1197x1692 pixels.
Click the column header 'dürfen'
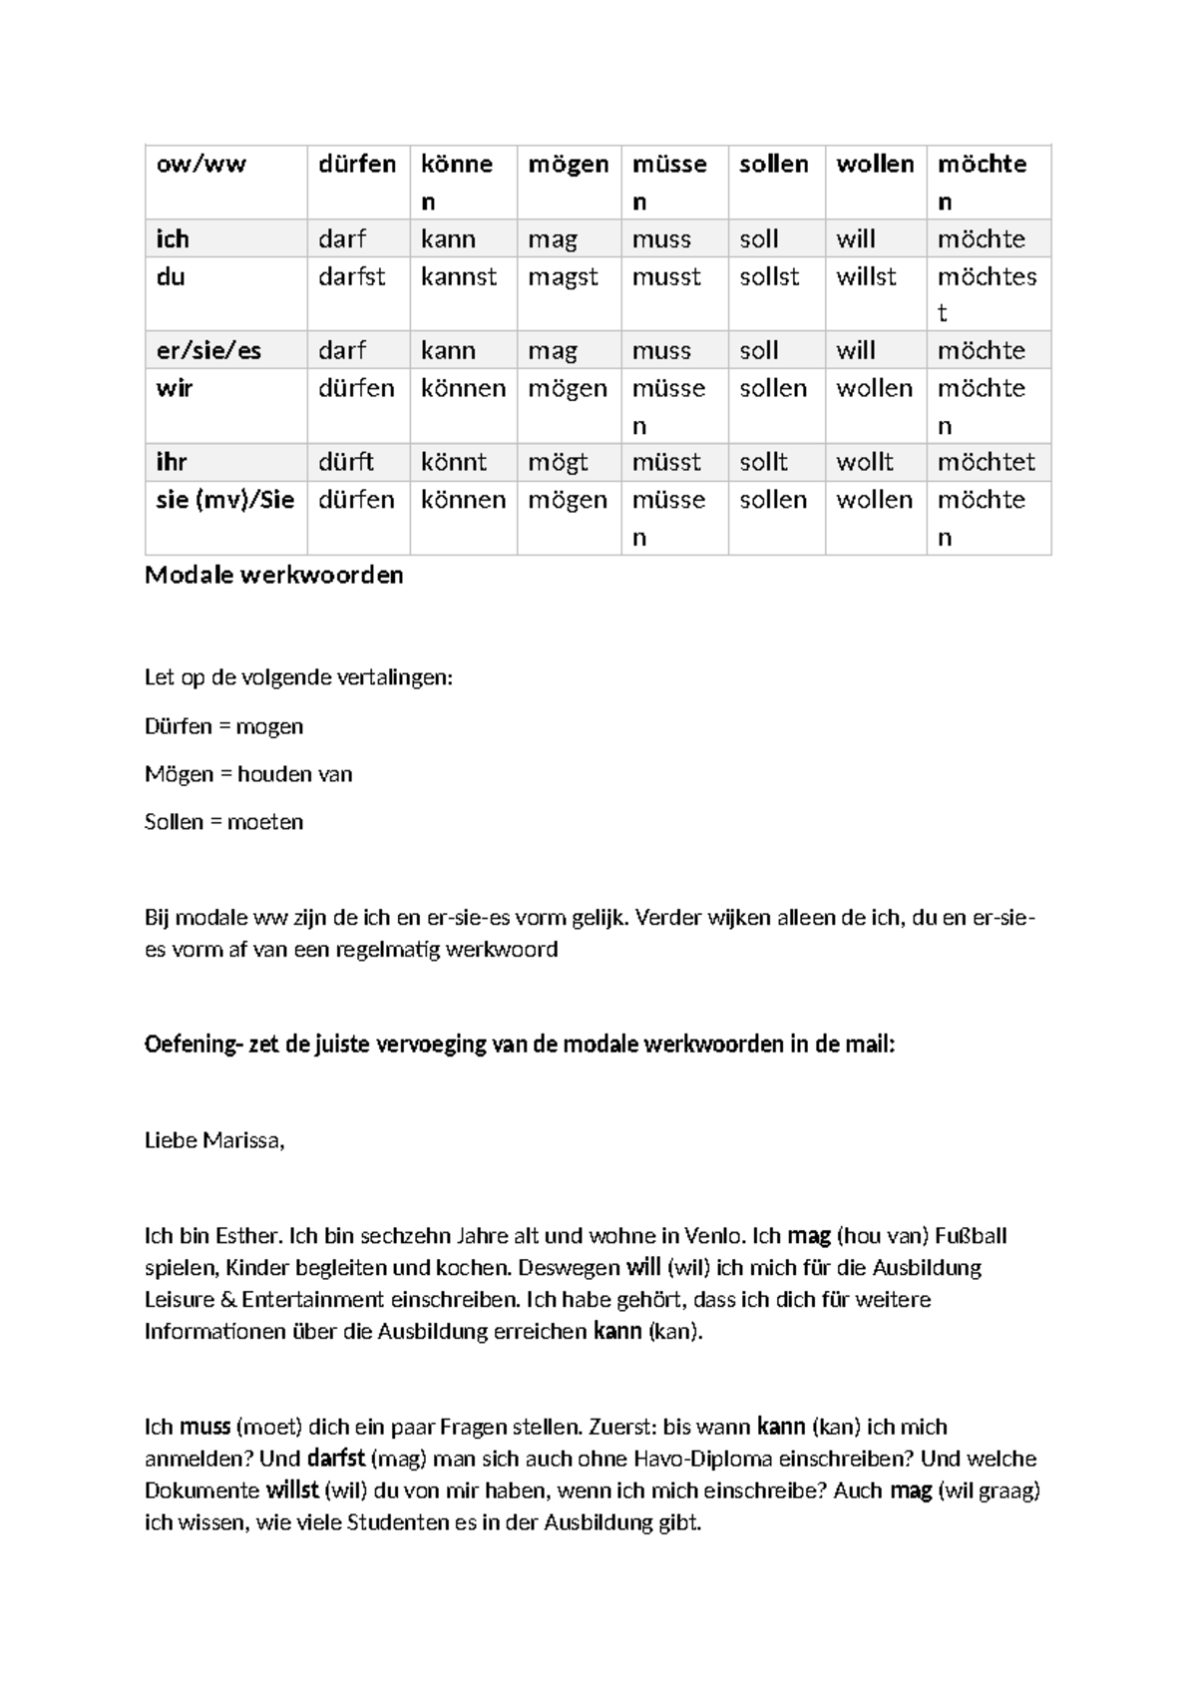[357, 164]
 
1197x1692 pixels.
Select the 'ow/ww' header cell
[200, 164]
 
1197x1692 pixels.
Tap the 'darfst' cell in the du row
[351, 276]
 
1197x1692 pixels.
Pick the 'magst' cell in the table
[563, 276]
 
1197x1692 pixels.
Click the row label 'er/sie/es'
[208, 350]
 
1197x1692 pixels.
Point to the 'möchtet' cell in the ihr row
[986, 462]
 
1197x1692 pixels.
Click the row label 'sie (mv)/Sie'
[224, 500]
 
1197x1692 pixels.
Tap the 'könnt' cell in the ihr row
[454, 462]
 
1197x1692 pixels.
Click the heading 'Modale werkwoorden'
[273, 575]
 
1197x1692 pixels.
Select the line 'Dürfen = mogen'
[223, 726]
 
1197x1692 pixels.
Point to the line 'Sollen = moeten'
[223, 822]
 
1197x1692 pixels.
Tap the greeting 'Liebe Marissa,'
[214, 1140]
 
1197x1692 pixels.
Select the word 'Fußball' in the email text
[970, 1236]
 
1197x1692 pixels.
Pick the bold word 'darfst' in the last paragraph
[335, 1459]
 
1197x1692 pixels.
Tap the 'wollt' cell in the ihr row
[864, 462]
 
